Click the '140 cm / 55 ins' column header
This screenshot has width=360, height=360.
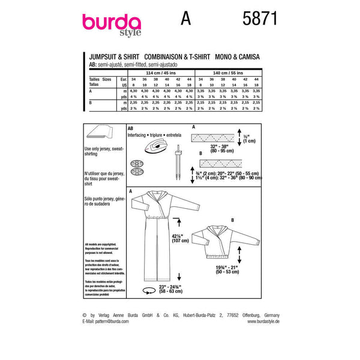coord(230,71)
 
